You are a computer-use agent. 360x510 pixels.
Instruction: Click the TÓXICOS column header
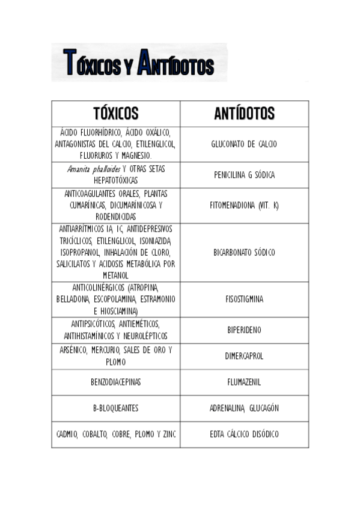[x=115, y=114]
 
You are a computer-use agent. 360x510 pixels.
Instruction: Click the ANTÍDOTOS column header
[x=244, y=114]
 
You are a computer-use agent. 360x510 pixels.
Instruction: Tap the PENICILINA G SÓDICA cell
[x=244, y=175]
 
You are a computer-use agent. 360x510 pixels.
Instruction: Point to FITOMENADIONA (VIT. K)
[x=244, y=205]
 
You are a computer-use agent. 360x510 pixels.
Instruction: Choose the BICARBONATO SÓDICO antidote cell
[x=244, y=253]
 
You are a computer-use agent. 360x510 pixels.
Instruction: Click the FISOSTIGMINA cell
[x=244, y=299]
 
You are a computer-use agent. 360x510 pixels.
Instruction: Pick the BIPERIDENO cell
[x=244, y=330]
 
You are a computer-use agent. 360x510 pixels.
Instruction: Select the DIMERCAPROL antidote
[x=244, y=355]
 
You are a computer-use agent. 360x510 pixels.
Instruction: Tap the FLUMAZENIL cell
[x=244, y=382]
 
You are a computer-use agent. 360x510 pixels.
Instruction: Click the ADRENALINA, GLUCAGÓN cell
[x=244, y=408]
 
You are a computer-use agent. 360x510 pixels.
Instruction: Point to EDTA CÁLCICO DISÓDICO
[x=244, y=434]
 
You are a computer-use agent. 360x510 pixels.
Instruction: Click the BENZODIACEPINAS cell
[x=115, y=382]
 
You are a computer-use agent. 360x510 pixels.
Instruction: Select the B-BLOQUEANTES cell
[x=115, y=408]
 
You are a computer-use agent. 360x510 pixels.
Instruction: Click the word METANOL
[x=115, y=275]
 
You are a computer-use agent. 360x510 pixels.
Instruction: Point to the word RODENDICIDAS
[x=115, y=217]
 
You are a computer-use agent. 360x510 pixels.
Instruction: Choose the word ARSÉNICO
[x=73, y=350]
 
